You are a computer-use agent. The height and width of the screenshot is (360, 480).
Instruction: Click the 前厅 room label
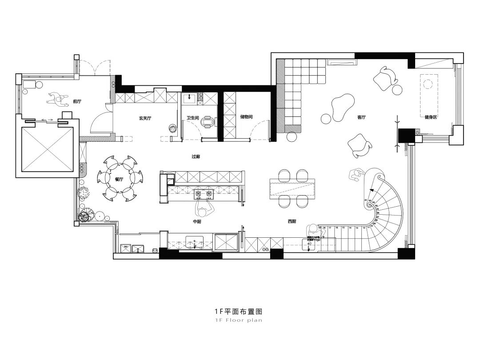pyautogui.click(x=77, y=102)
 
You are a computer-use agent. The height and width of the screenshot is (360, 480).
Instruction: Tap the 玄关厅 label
pyautogui.click(x=146, y=118)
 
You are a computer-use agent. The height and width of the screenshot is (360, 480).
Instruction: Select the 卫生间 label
pyautogui.click(x=192, y=118)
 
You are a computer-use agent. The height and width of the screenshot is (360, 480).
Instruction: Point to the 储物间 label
pyautogui.click(x=246, y=117)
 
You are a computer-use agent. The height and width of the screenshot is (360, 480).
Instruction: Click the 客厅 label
pyautogui.click(x=361, y=118)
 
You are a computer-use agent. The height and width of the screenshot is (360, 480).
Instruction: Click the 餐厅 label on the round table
pyautogui.click(x=119, y=179)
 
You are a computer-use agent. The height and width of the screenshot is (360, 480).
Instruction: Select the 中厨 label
pyautogui.click(x=197, y=221)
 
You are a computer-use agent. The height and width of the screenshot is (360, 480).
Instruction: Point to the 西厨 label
pyautogui.click(x=292, y=221)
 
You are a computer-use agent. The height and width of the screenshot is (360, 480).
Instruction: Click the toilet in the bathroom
pyautogui.click(x=207, y=121)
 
